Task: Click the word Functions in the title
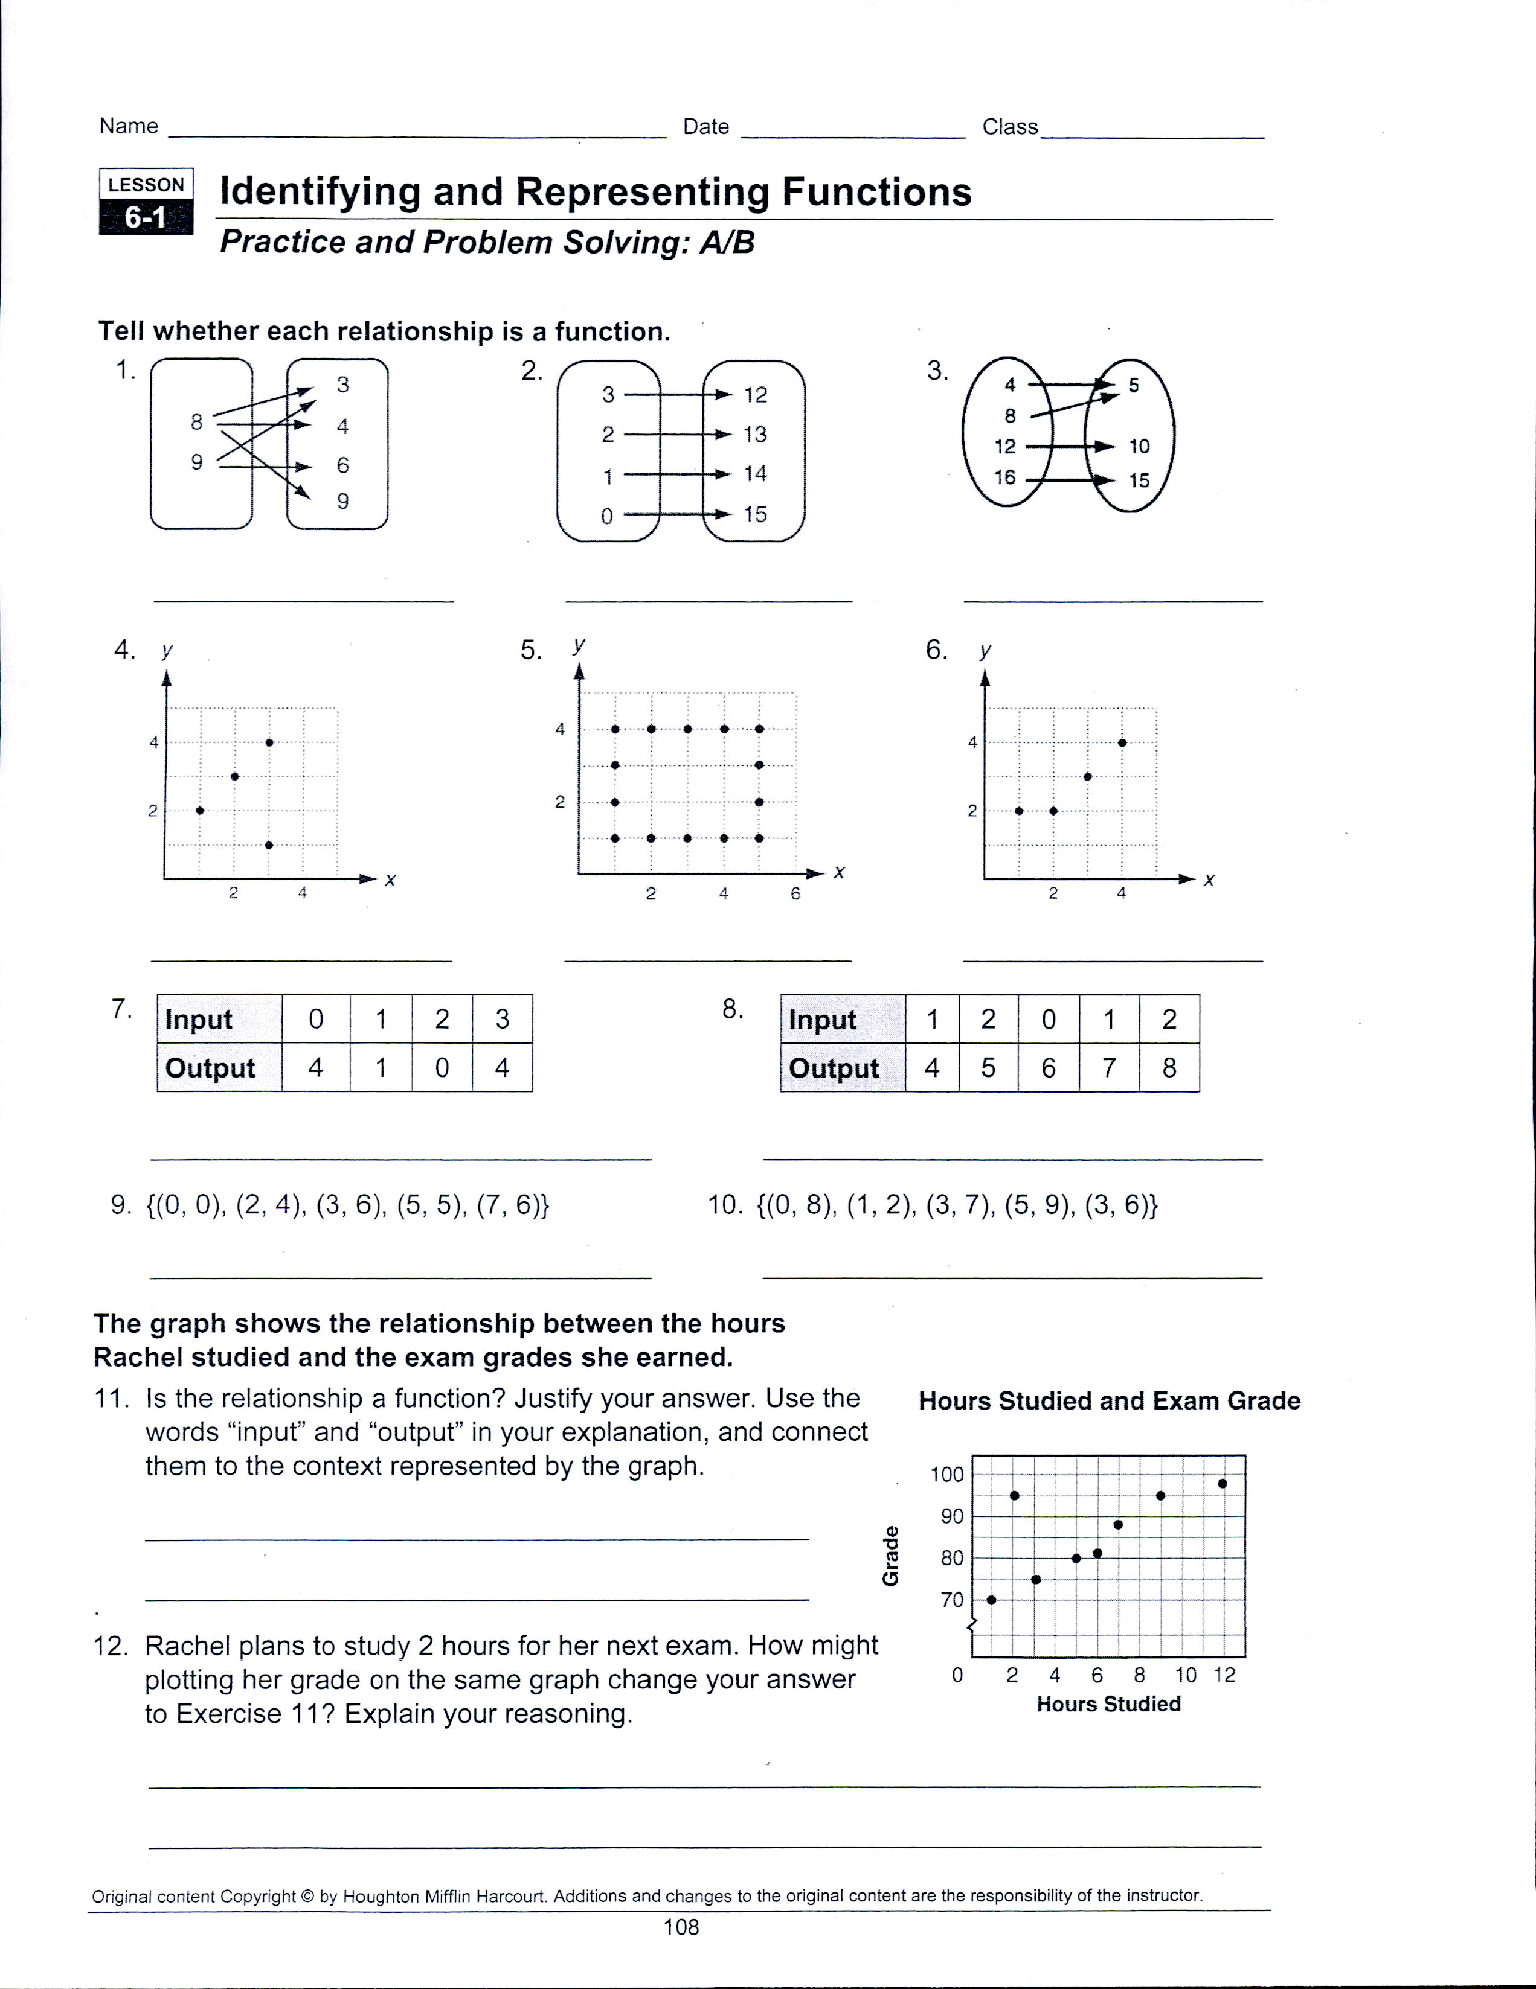click(x=876, y=192)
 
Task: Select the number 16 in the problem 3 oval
click(x=1004, y=477)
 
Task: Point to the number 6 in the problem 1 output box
click(x=342, y=465)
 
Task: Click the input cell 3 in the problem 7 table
click(x=502, y=1019)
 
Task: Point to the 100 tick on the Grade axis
click(x=946, y=1475)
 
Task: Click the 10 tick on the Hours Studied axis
click(x=1185, y=1675)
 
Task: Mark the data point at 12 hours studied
click(x=1223, y=1484)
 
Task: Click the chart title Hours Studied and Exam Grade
click(x=1109, y=1400)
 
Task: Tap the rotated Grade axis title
click(x=891, y=1556)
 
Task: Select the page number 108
click(x=681, y=1926)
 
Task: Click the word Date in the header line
click(x=706, y=127)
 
